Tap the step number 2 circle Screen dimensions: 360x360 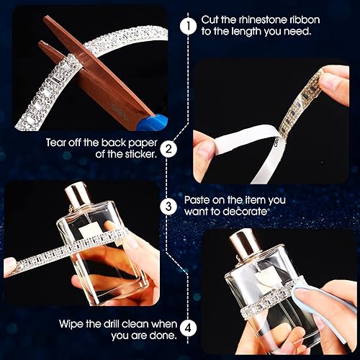point(168,149)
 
